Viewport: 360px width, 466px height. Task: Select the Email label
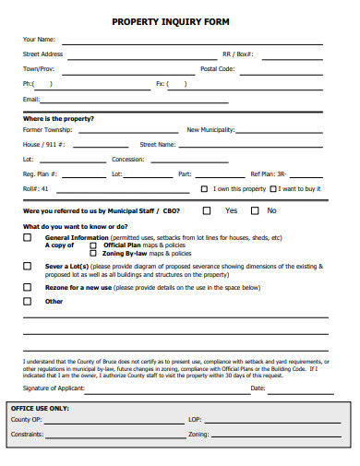31,99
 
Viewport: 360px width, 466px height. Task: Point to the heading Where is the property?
58,118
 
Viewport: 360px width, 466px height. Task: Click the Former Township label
47,130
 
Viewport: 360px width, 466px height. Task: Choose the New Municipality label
210,130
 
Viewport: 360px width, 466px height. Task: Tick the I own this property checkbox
205,188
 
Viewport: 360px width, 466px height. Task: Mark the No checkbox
252,210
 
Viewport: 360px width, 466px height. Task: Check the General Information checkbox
27,237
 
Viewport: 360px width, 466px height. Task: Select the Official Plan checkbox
92,245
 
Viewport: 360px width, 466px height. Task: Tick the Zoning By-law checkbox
92,253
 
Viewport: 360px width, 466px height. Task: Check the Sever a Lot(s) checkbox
27,266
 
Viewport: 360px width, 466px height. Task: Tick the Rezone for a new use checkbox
27,287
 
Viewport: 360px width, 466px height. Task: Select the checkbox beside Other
27,301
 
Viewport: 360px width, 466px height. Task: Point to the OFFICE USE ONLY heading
40,407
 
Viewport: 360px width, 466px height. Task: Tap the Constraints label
27,433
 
